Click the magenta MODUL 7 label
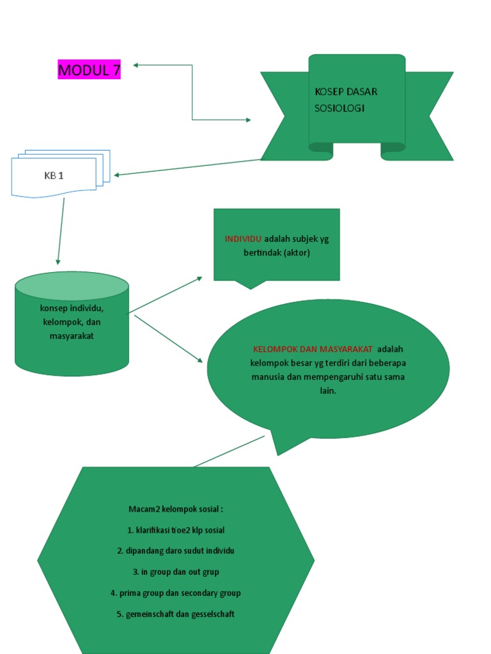(x=89, y=70)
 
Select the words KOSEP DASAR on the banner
(x=346, y=91)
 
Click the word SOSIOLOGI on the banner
(x=339, y=108)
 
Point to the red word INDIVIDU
(x=243, y=239)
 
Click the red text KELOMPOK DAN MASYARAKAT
(x=313, y=349)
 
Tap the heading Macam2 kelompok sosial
(x=175, y=510)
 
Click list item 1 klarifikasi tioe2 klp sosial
(x=175, y=530)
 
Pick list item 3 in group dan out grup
(x=175, y=572)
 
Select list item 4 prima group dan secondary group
(x=175, y=593)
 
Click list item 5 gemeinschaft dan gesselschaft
(x=175, y=614)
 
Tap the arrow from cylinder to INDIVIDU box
(x=166, y=295)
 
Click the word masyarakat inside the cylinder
(x=72, y=336)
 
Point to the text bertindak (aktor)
(x=276, y=253)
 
